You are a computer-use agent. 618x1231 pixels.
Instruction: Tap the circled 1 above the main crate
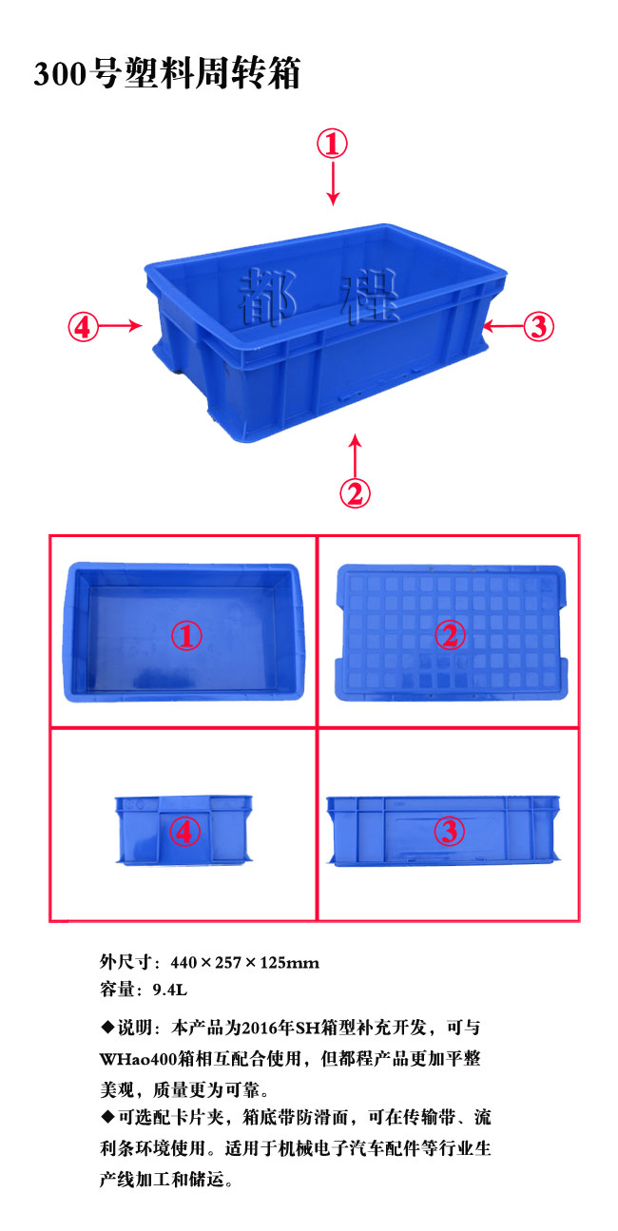tap(332, 144)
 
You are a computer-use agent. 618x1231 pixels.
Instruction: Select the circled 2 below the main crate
tap(355, 493)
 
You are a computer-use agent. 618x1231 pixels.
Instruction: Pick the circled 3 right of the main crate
tap(538, 326)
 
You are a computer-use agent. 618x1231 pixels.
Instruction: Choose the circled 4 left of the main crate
tap(83, 326)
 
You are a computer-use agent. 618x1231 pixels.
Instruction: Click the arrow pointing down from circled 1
tap(333, 183)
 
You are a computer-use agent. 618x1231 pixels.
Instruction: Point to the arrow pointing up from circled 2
tap(356, 455)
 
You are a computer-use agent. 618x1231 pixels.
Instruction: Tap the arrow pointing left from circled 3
tap(503, 326)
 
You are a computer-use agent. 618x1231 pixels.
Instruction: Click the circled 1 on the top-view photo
tap(186, 636)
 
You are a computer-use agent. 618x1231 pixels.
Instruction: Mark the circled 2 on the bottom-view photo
tap(450, 635)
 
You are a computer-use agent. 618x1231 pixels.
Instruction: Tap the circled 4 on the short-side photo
tap(184, 831)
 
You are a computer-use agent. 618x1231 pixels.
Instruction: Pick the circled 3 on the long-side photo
tap(449, 831)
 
